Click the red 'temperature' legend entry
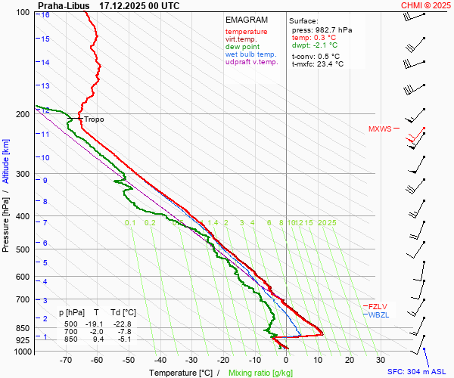tap(246, 32)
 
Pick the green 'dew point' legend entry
tap(242, 47)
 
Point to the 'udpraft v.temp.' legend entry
tap(253, 62)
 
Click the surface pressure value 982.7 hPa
tap(334, 29)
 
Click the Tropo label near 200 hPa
tap(94, 119)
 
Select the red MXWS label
tap(380, 129)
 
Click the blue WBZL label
tap(378, 314)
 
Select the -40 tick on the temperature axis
tap(160, 360)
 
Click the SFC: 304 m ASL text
tap(418, 372)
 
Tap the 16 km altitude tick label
tap(46, 15)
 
